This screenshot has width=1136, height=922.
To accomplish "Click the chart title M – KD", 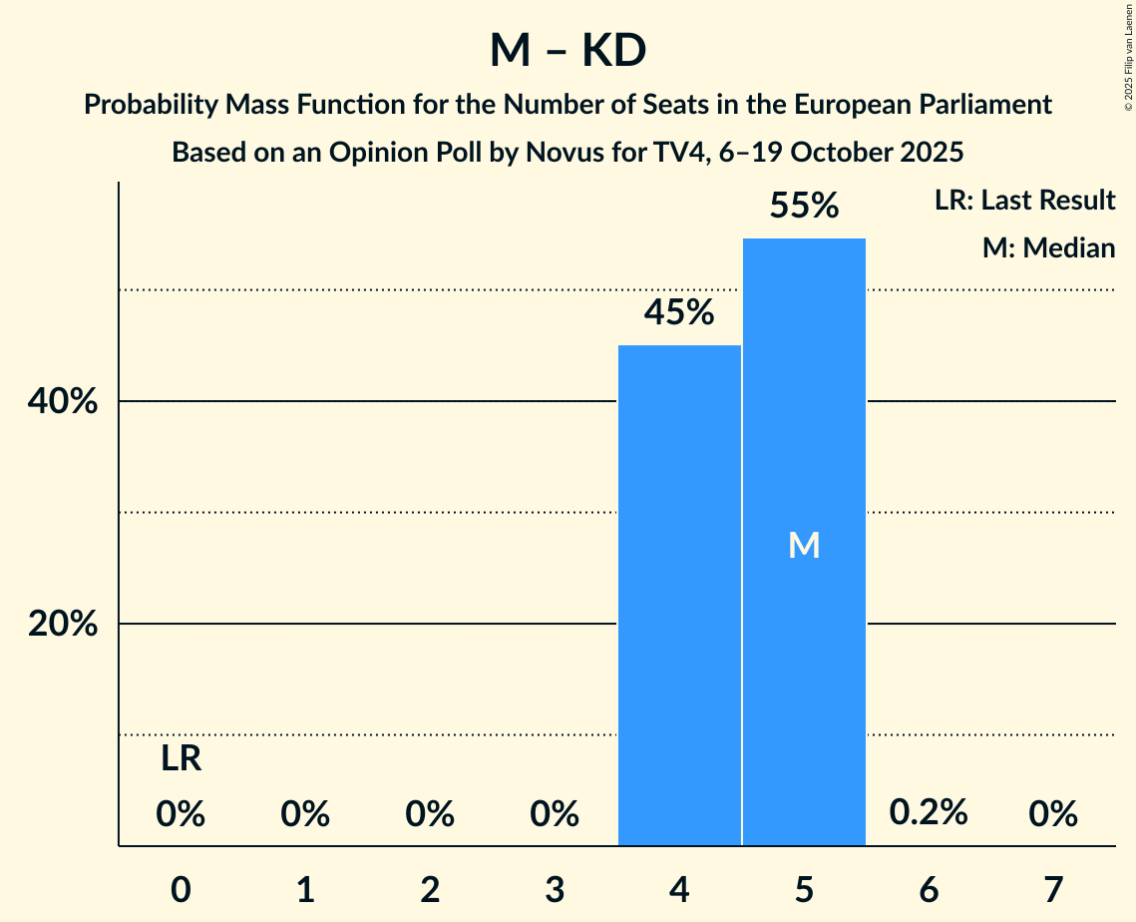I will point(568,50).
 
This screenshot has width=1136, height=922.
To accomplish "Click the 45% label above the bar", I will point(679,313).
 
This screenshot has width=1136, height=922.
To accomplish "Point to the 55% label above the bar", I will point(804,207).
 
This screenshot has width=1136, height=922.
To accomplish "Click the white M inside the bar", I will point(804,545).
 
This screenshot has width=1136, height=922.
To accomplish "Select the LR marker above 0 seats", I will point(181,759).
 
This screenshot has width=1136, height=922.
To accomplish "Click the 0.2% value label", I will point(929,812).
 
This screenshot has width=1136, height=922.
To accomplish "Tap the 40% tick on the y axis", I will point(62,402).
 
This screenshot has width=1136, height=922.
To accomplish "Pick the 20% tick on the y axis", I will point(62,625).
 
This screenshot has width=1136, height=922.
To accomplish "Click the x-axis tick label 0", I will point(181,889).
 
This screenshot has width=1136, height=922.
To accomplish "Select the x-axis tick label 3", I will point(555,889).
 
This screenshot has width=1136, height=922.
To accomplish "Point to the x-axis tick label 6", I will point(929,889).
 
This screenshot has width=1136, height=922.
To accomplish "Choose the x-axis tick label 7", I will point(1053,889).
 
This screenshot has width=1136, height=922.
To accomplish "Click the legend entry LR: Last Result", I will point(1024,201).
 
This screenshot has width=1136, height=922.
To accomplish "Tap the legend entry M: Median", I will point(1048,247).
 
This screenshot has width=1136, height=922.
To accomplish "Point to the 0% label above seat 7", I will point(1053,815).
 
